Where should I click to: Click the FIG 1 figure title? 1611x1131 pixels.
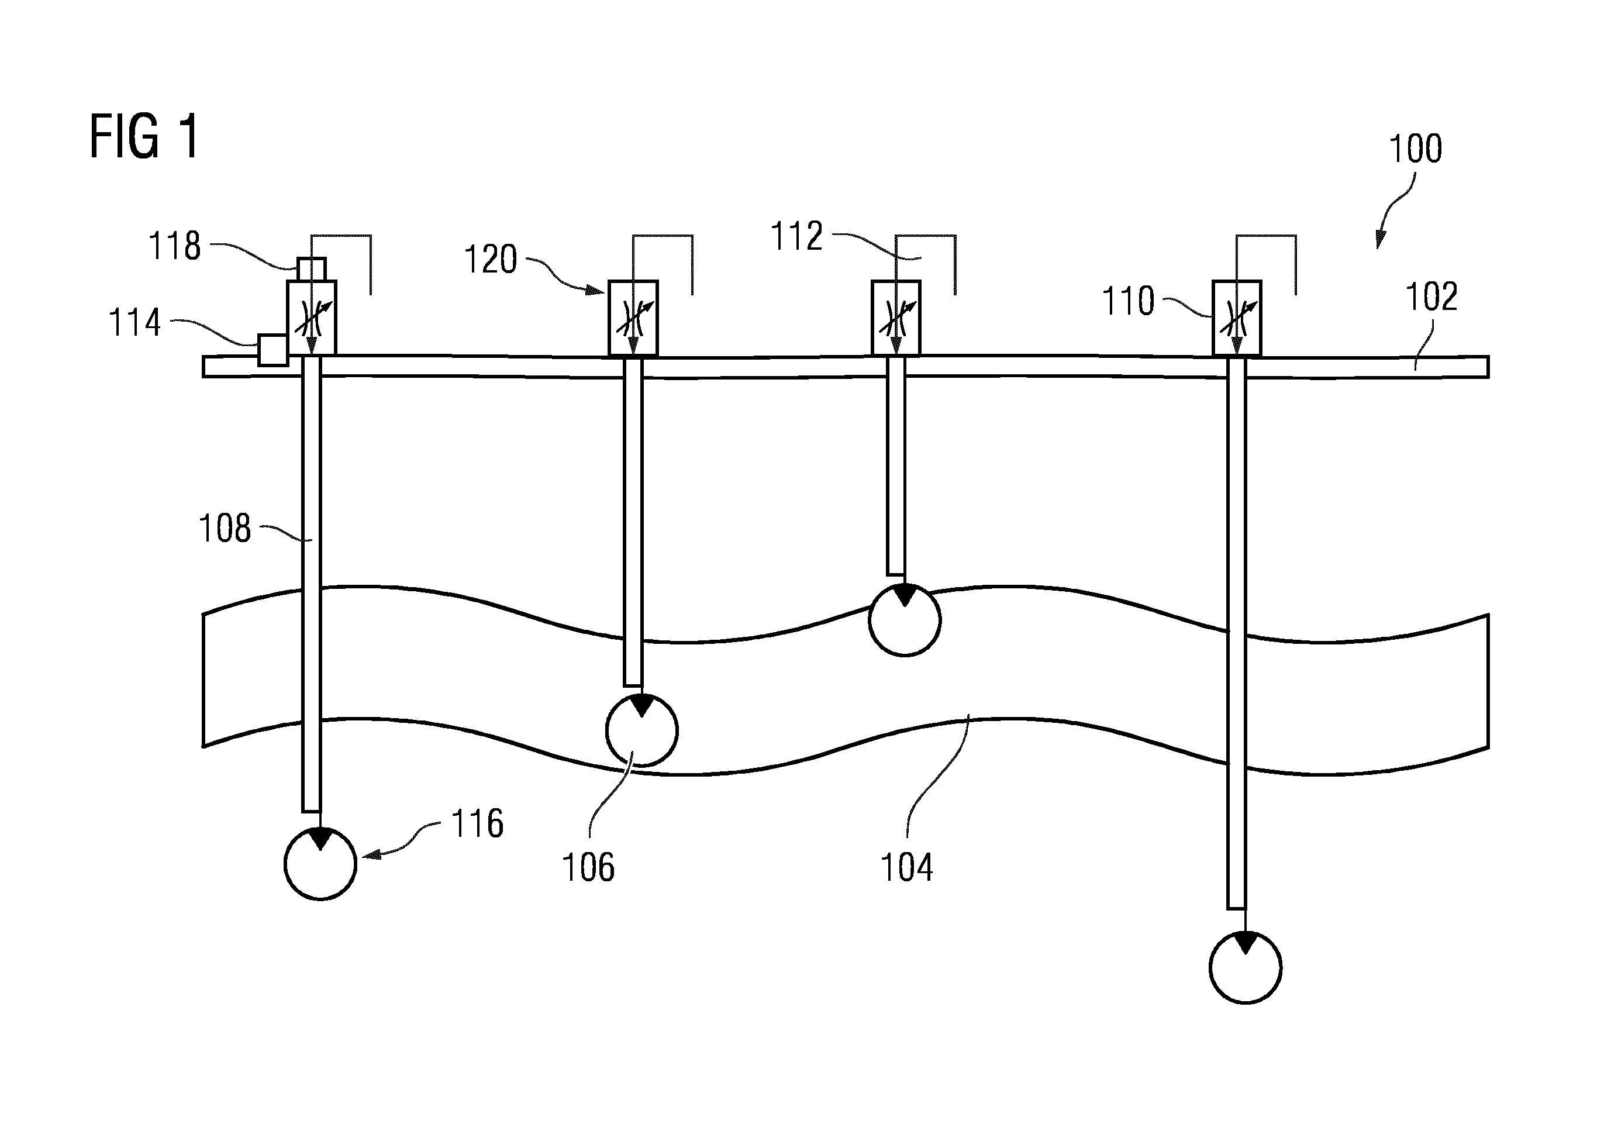[x=144, y=137]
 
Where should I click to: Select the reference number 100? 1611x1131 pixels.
[x=1415, y=149]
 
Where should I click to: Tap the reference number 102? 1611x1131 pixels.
[x=1431, y=296]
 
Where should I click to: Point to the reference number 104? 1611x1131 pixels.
[x=906, y=867]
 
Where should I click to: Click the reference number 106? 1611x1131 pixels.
[x=588, y=867]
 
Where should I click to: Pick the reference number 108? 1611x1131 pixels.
[x=225, y=528]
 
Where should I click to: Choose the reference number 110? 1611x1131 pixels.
[x=1128, y=301]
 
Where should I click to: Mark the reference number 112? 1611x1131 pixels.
[x=796, y=236]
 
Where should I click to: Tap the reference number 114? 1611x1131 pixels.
[x=134, y=323]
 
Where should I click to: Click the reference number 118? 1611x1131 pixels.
[x=175, y=246]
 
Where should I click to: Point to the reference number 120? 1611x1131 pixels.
[x=491, y=260]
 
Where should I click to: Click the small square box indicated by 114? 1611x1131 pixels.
[x=273, y=350]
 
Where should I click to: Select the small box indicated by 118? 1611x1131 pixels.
[x=312, y=269]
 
